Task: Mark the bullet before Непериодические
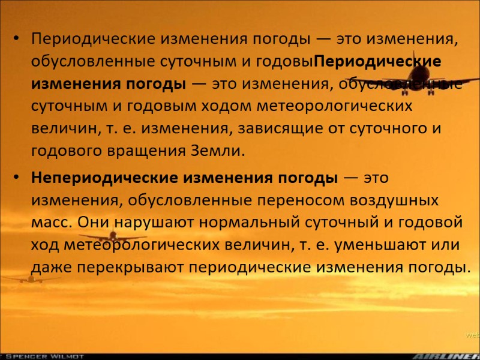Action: tap(19, 179)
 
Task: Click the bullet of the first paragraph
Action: tap(19, 40)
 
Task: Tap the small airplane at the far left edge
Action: tap(27, 278)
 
